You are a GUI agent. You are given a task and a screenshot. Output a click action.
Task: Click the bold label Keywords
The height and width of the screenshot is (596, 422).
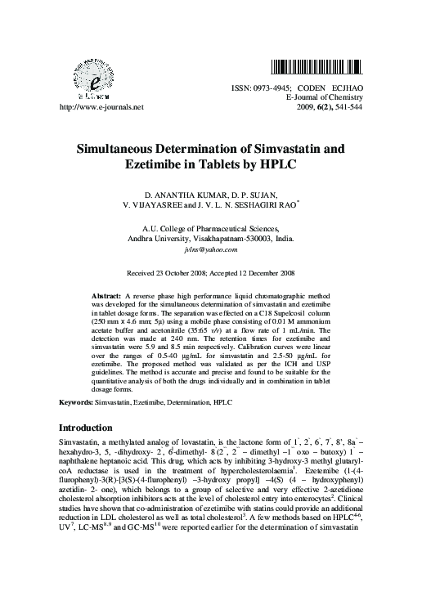tap(76, 403)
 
